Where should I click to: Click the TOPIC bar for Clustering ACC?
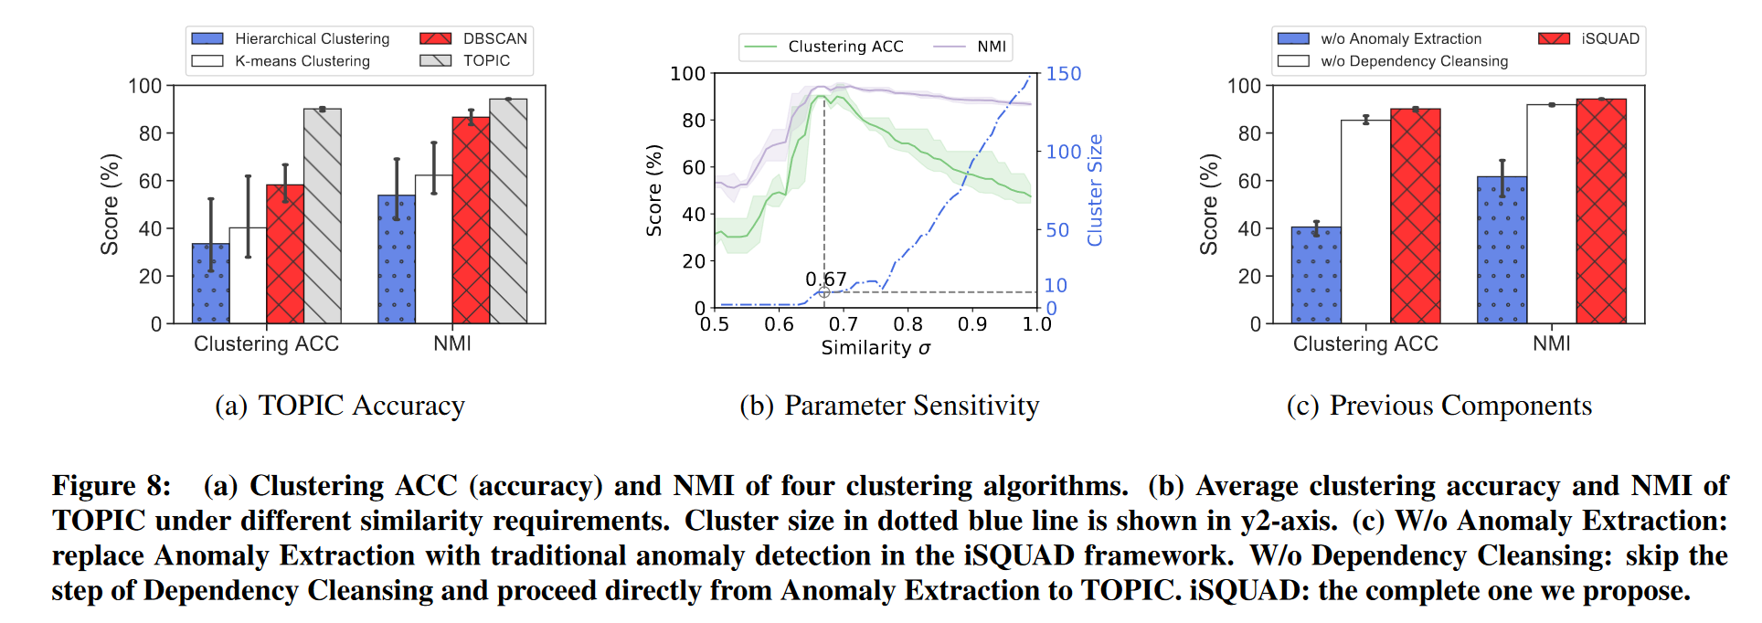coord(322,216)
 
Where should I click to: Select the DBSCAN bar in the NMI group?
coord(471,219)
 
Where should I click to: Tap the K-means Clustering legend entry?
coord(302,61)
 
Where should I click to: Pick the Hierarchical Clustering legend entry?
coord(311,38)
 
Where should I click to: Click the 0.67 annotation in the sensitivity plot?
coord(825,279)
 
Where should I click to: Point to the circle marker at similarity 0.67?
coord(824,291)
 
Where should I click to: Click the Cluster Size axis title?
coord(1095,190)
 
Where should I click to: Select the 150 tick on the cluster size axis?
coord(1063,74)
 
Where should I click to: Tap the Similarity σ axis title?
coord(876,348)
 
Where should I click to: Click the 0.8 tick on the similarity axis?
coord(908,324)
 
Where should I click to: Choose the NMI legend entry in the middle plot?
coord(991,47)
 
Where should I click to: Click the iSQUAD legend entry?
coord(1609,38)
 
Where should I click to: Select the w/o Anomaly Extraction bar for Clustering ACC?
coord(1316,274)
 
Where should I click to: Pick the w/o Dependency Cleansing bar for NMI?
coord(1551,214)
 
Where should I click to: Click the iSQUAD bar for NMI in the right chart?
coord(1601,210)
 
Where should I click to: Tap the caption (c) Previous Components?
coord(1438,406)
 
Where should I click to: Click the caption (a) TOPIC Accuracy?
coord(340,406)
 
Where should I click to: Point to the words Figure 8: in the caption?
coord(111,486)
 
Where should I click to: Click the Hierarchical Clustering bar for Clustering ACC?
coord(210,283)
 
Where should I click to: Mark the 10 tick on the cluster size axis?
coord(1056,286)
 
